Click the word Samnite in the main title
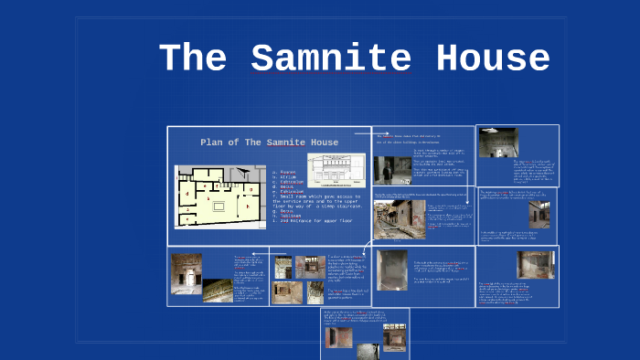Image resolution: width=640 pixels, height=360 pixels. pos(330,58)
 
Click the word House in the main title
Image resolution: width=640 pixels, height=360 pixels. pos(493,58)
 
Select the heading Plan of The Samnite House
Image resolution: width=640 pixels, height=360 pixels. pos(269,143)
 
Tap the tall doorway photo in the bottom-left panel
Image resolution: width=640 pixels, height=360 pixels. pos(187,272)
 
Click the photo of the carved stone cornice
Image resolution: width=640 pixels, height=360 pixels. pos(218,291)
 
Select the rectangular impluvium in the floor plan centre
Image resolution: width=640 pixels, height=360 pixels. pos(218,206)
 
